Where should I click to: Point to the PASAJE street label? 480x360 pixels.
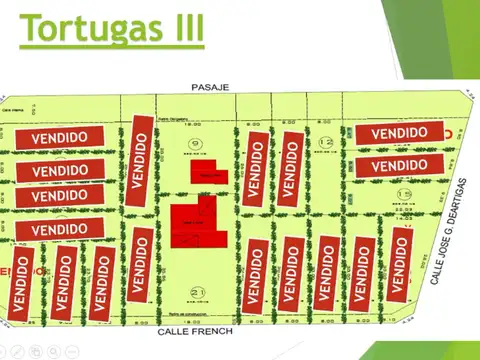(211, 88)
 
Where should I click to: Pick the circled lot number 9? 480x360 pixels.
(196, 143)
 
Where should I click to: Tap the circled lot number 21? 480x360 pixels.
(196, 293)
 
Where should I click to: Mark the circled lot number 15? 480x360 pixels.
(404, 192)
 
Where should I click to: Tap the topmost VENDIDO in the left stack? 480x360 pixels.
(59, 137)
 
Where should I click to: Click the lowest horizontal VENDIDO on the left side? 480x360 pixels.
(59, 229)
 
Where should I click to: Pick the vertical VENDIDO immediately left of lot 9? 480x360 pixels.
(141, 161)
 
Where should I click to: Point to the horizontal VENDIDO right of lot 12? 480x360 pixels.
(399, 132)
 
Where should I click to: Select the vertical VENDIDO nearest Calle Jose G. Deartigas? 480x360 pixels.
(401, 262)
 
